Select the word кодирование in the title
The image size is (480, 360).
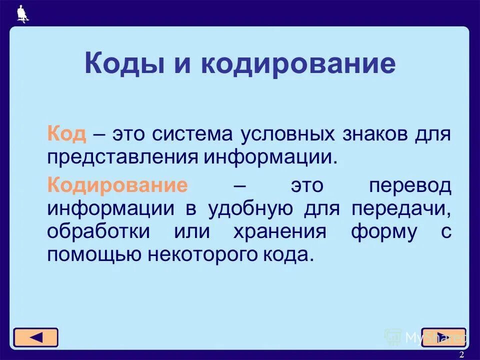(299, 64)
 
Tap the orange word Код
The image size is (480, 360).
(67, 134)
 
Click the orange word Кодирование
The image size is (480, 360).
(118, 185)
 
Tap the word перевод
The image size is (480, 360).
(409, 185)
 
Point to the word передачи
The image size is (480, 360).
(401, 208)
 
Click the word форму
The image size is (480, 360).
(383, 232)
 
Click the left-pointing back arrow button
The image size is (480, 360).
(35, 337)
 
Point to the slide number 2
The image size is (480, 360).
(461, 354)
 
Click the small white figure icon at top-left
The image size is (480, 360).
(22, 14)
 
